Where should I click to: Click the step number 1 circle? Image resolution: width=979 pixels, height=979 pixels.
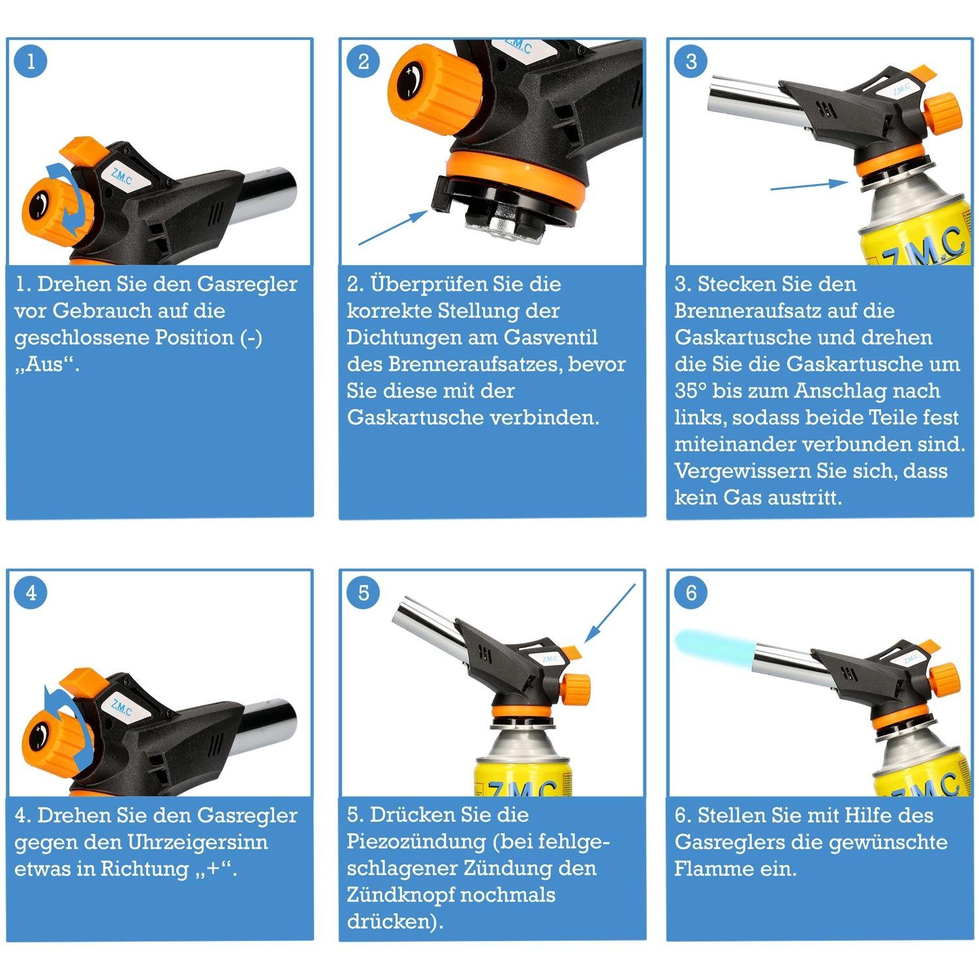[x=30, y=61]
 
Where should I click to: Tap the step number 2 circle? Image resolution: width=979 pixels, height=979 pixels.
[x=364, y=61]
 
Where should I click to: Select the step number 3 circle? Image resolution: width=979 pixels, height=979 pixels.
[x=691, y=61]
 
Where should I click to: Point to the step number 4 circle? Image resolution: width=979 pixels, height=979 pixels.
[x=30, y=593]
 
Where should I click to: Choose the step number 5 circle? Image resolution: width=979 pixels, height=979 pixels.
[x=364, y=593]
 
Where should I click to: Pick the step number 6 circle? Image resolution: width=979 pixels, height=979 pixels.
[x=691, y=593]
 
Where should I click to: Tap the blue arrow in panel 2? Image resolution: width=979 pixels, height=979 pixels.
[x=394, y=227]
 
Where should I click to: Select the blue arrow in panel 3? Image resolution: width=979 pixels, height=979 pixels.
[x=809, y=185]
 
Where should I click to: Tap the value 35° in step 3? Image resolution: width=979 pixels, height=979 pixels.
[x=691, y=391]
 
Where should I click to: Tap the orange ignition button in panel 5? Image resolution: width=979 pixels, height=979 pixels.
[x=572, y=650]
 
